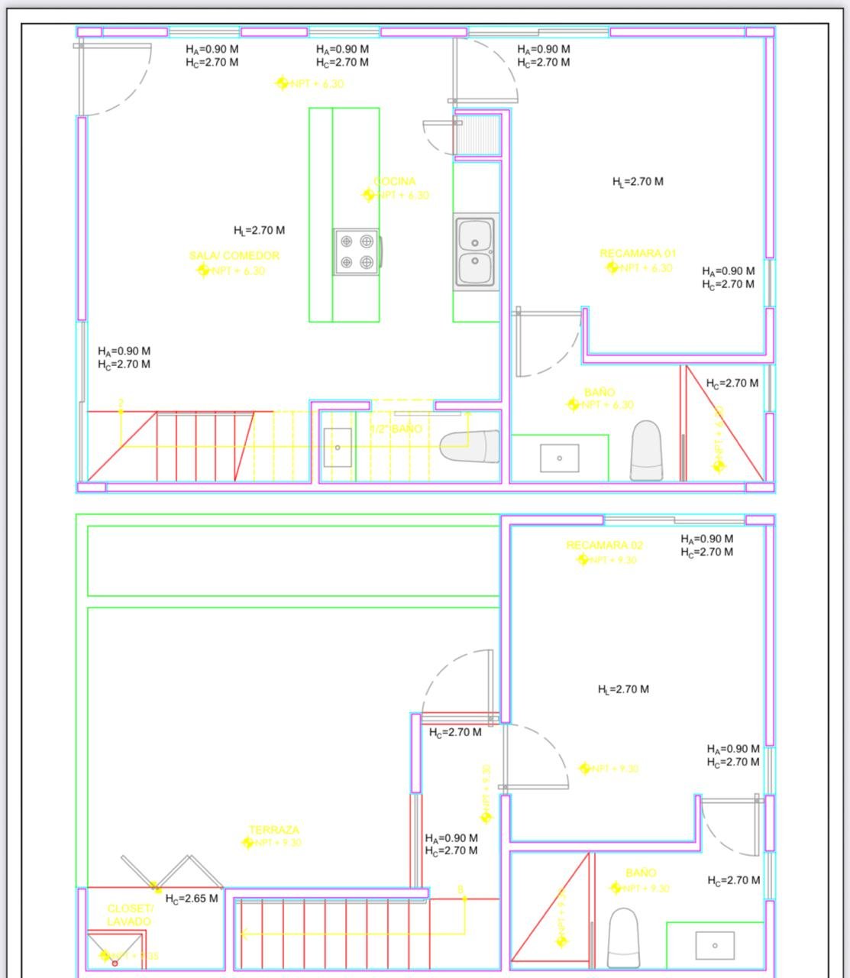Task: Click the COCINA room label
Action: coord(395,182)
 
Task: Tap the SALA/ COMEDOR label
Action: coord(234,256)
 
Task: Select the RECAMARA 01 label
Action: coord(638,254)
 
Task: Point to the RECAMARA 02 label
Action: coord(604,546)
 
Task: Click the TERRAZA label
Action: coord(274,830)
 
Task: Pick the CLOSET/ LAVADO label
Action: coord(130,915)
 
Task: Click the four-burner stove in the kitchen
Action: coord(356,252)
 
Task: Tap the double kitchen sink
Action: coord(476,253)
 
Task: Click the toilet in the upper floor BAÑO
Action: coord(646,451)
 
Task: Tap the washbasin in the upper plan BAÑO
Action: coord(559,458)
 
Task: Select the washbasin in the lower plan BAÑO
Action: coord(715,945)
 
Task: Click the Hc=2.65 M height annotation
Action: coord(192,899)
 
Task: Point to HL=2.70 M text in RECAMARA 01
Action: coord(638,182)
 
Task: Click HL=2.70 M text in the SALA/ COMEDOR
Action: coord(260,230)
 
